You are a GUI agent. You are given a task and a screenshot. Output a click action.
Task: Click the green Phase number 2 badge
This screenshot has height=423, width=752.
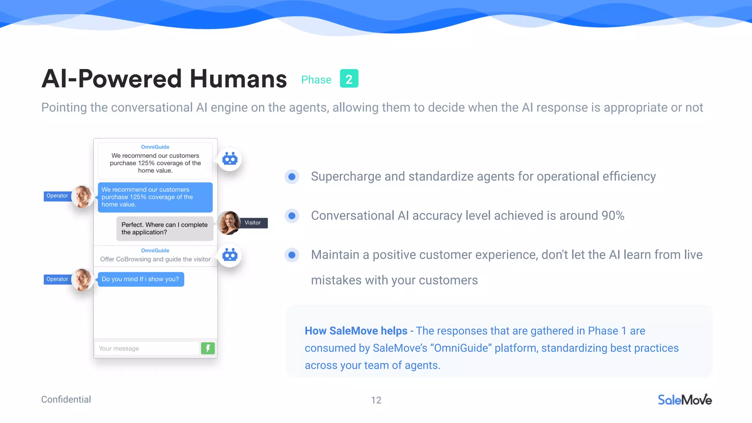(x=349, y=79)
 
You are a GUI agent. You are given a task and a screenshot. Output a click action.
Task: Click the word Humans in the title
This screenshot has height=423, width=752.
(x=238, y=79)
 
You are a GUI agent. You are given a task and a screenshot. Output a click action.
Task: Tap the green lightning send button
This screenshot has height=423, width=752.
(x=208, y=348)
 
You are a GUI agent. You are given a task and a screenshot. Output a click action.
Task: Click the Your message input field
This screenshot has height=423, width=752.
(x=147, y=348)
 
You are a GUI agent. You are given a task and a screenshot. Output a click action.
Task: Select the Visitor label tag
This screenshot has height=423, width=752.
(x=253, y=223)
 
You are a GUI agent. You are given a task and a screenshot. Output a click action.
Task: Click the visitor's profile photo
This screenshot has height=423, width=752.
(x=229, y=223)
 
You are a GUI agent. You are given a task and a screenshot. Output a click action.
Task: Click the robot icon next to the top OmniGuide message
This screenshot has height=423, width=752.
(x=230, y=159)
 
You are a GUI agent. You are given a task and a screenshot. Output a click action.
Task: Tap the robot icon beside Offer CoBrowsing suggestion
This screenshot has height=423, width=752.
(x=230, y=255)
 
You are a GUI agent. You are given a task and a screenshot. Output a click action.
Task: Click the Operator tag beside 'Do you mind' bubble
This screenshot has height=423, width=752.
(x=57, y=279)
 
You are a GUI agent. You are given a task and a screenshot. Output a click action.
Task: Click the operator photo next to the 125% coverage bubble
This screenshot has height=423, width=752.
(x=82, y=196)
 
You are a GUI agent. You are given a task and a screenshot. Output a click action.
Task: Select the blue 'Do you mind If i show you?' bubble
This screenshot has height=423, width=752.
(x=141, y=279)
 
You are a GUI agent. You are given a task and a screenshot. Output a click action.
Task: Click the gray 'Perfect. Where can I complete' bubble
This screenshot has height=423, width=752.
(x=164, y=228)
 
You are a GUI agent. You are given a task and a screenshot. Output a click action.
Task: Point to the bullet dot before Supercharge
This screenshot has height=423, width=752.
(x=292, y=177)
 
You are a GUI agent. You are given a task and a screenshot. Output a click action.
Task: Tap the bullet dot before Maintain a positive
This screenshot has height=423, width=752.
(x=292, y=255)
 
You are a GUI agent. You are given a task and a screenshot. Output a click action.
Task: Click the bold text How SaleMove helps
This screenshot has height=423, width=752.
(x=356, y=331)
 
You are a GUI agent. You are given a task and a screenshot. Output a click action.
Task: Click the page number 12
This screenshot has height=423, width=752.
(x=376, y=400)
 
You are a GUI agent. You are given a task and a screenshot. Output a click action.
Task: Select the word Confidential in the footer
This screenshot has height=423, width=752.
(x=66, y=399)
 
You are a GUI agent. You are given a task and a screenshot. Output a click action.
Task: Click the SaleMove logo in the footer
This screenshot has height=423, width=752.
(x=684, y=400)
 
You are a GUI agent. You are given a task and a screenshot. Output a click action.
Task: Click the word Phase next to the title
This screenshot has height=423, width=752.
(x=316, y=80)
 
